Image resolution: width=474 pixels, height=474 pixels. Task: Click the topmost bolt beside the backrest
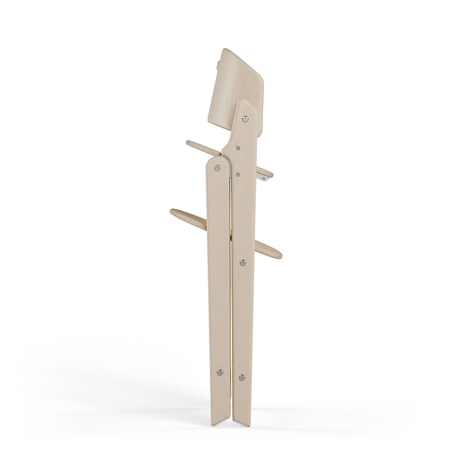tap(245, 118)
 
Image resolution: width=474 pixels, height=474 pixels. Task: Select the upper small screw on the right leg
tap(239, 149)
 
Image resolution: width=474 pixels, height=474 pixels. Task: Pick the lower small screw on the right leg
tap(238, 175)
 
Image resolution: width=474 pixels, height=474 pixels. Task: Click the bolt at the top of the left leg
tap(217, 167)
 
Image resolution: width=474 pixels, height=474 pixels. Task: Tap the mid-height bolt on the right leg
tap(243, 262)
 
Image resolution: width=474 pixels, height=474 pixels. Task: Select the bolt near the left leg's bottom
tap(219, 372)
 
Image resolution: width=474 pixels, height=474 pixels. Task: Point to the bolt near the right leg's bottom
tap(241, 378)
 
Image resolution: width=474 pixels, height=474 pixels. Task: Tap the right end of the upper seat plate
tap(269, 174)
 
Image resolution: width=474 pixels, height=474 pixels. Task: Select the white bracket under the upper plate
tap(264, 177)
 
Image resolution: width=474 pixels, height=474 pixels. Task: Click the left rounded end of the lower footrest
tap(175, 212)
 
